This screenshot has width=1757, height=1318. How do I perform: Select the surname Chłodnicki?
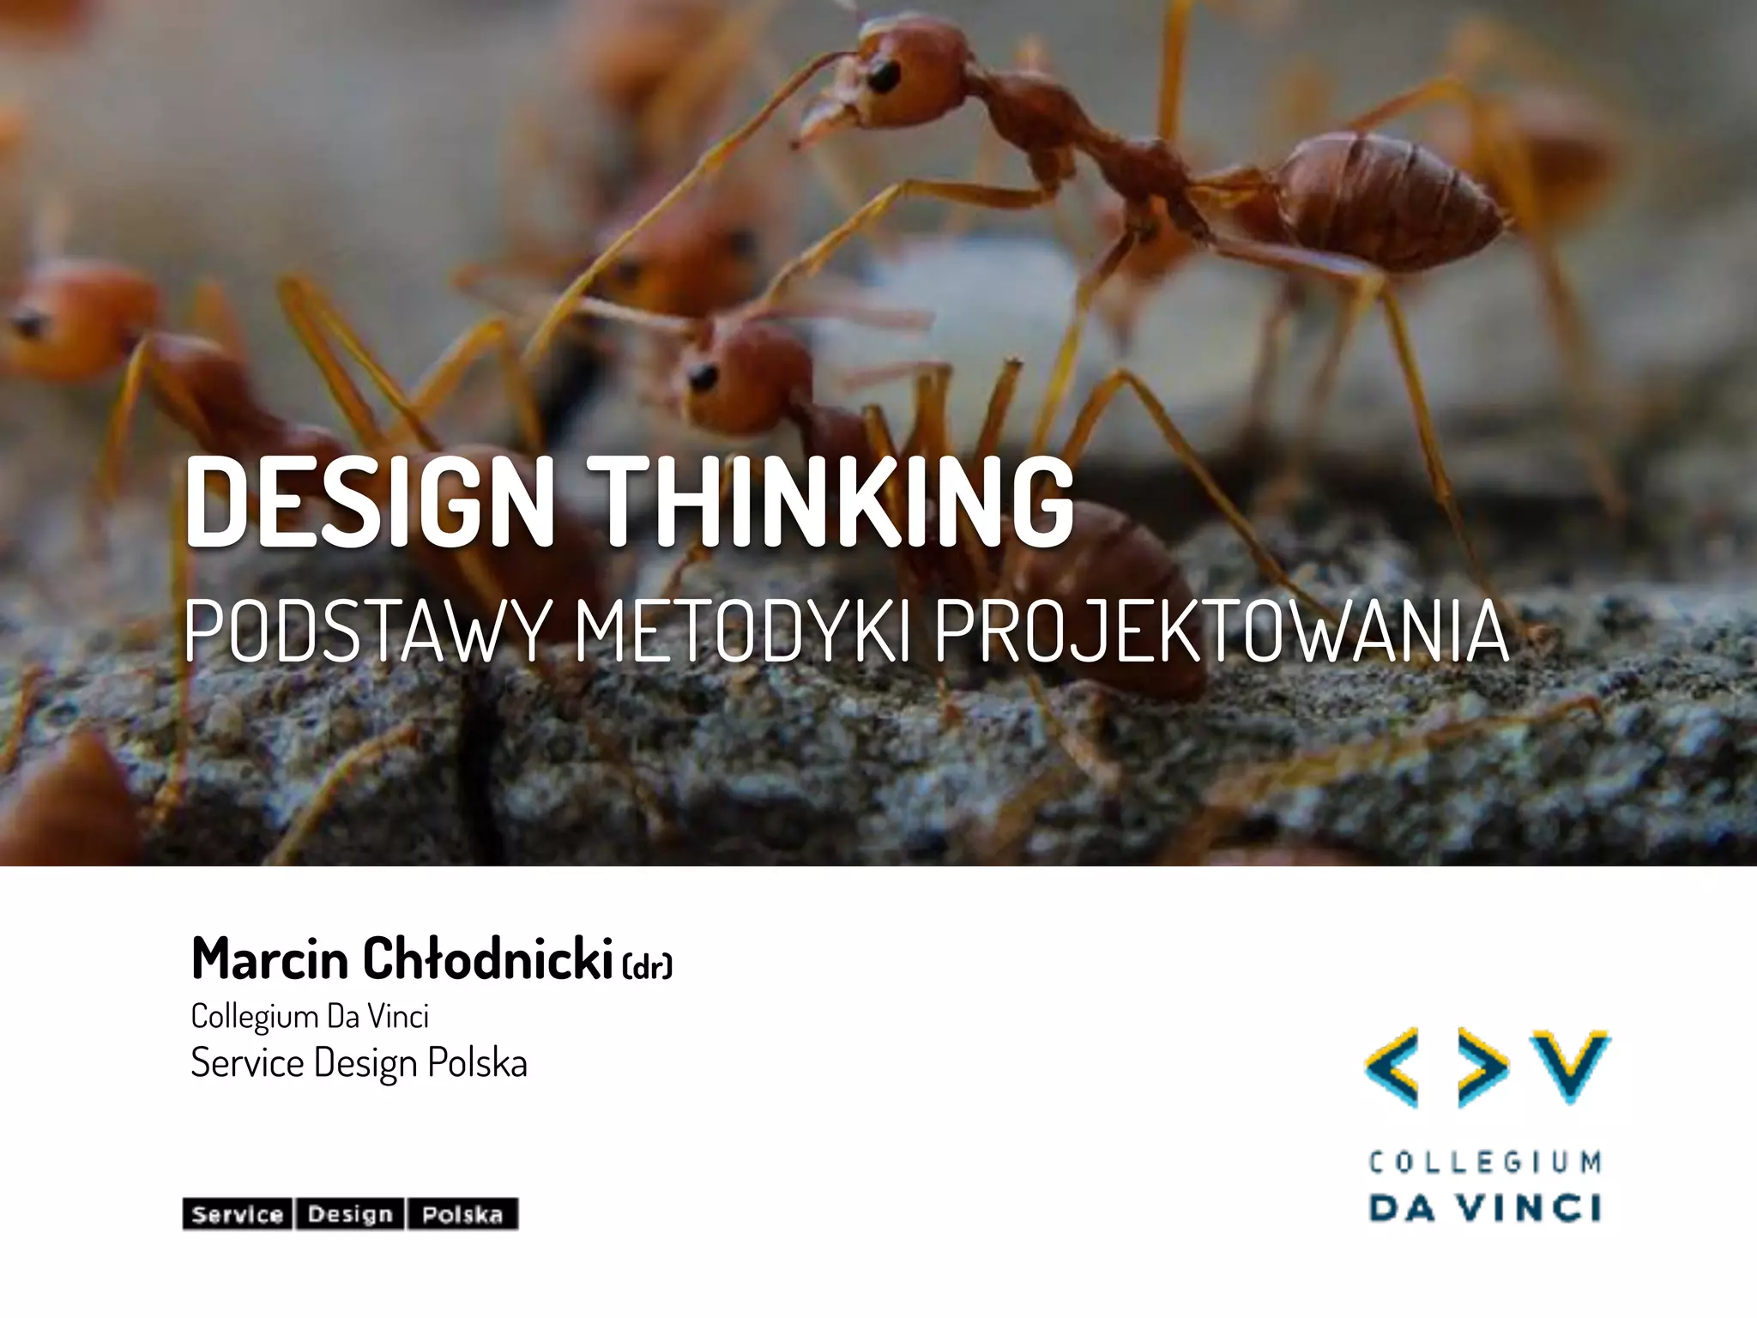click(x=487, y=958)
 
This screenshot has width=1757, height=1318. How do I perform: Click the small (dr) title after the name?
click(x=647, y=966)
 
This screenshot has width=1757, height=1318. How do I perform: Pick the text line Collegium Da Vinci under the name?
click(x=310, y=1017)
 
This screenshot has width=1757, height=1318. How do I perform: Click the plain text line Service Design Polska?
click(x=359, y=1063)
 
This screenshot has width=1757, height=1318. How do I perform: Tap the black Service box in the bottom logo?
click(x=238, y=1214)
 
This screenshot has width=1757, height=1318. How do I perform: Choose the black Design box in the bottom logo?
click(x=350, y=1214)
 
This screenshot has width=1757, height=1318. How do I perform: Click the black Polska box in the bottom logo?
click(x=462, y=1214)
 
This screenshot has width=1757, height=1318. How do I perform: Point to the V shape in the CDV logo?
click(x=1572, y=1064)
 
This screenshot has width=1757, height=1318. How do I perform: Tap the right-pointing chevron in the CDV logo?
click(x=1482, y=1067)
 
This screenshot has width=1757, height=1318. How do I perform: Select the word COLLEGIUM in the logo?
click(x=1485, y=1163)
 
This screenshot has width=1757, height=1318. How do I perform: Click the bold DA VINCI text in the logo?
click(x=1485, y=1208)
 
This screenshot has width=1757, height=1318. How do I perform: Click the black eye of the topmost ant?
click(x=882, y=76)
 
